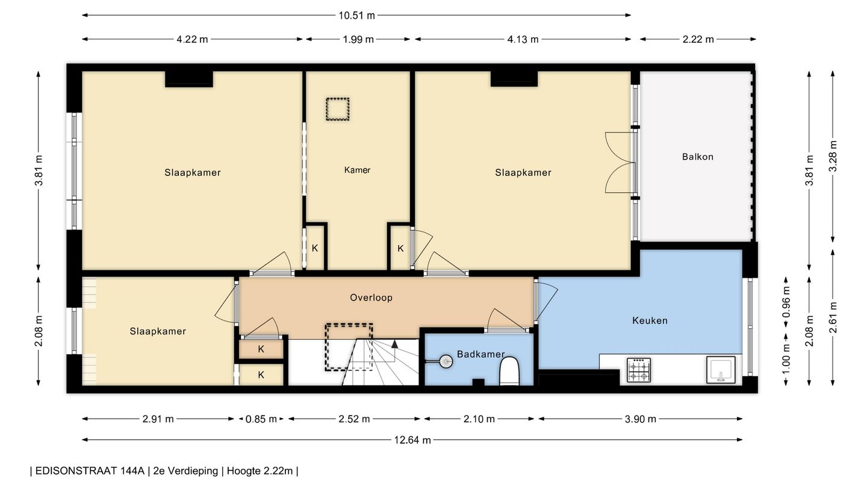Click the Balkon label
pos(697,157)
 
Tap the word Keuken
pos(650,321)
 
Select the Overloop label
pos(371,298)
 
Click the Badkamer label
pos(480,354)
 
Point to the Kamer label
pos(357,170)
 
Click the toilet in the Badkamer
pos(509,371)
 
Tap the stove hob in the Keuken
pos(639,370)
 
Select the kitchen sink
pos(721,370)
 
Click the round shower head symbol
pos(446,361)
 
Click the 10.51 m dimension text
pos(357,16)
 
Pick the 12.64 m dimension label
pos(412,440)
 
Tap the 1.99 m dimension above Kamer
pos(358,39)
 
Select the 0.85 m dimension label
pos(261,419)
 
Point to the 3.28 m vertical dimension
pos(833,156)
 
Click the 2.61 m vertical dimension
pos(833,318)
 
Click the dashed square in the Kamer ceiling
pos(338,109)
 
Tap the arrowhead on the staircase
pos(395,343)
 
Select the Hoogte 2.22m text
pos(259,471)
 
